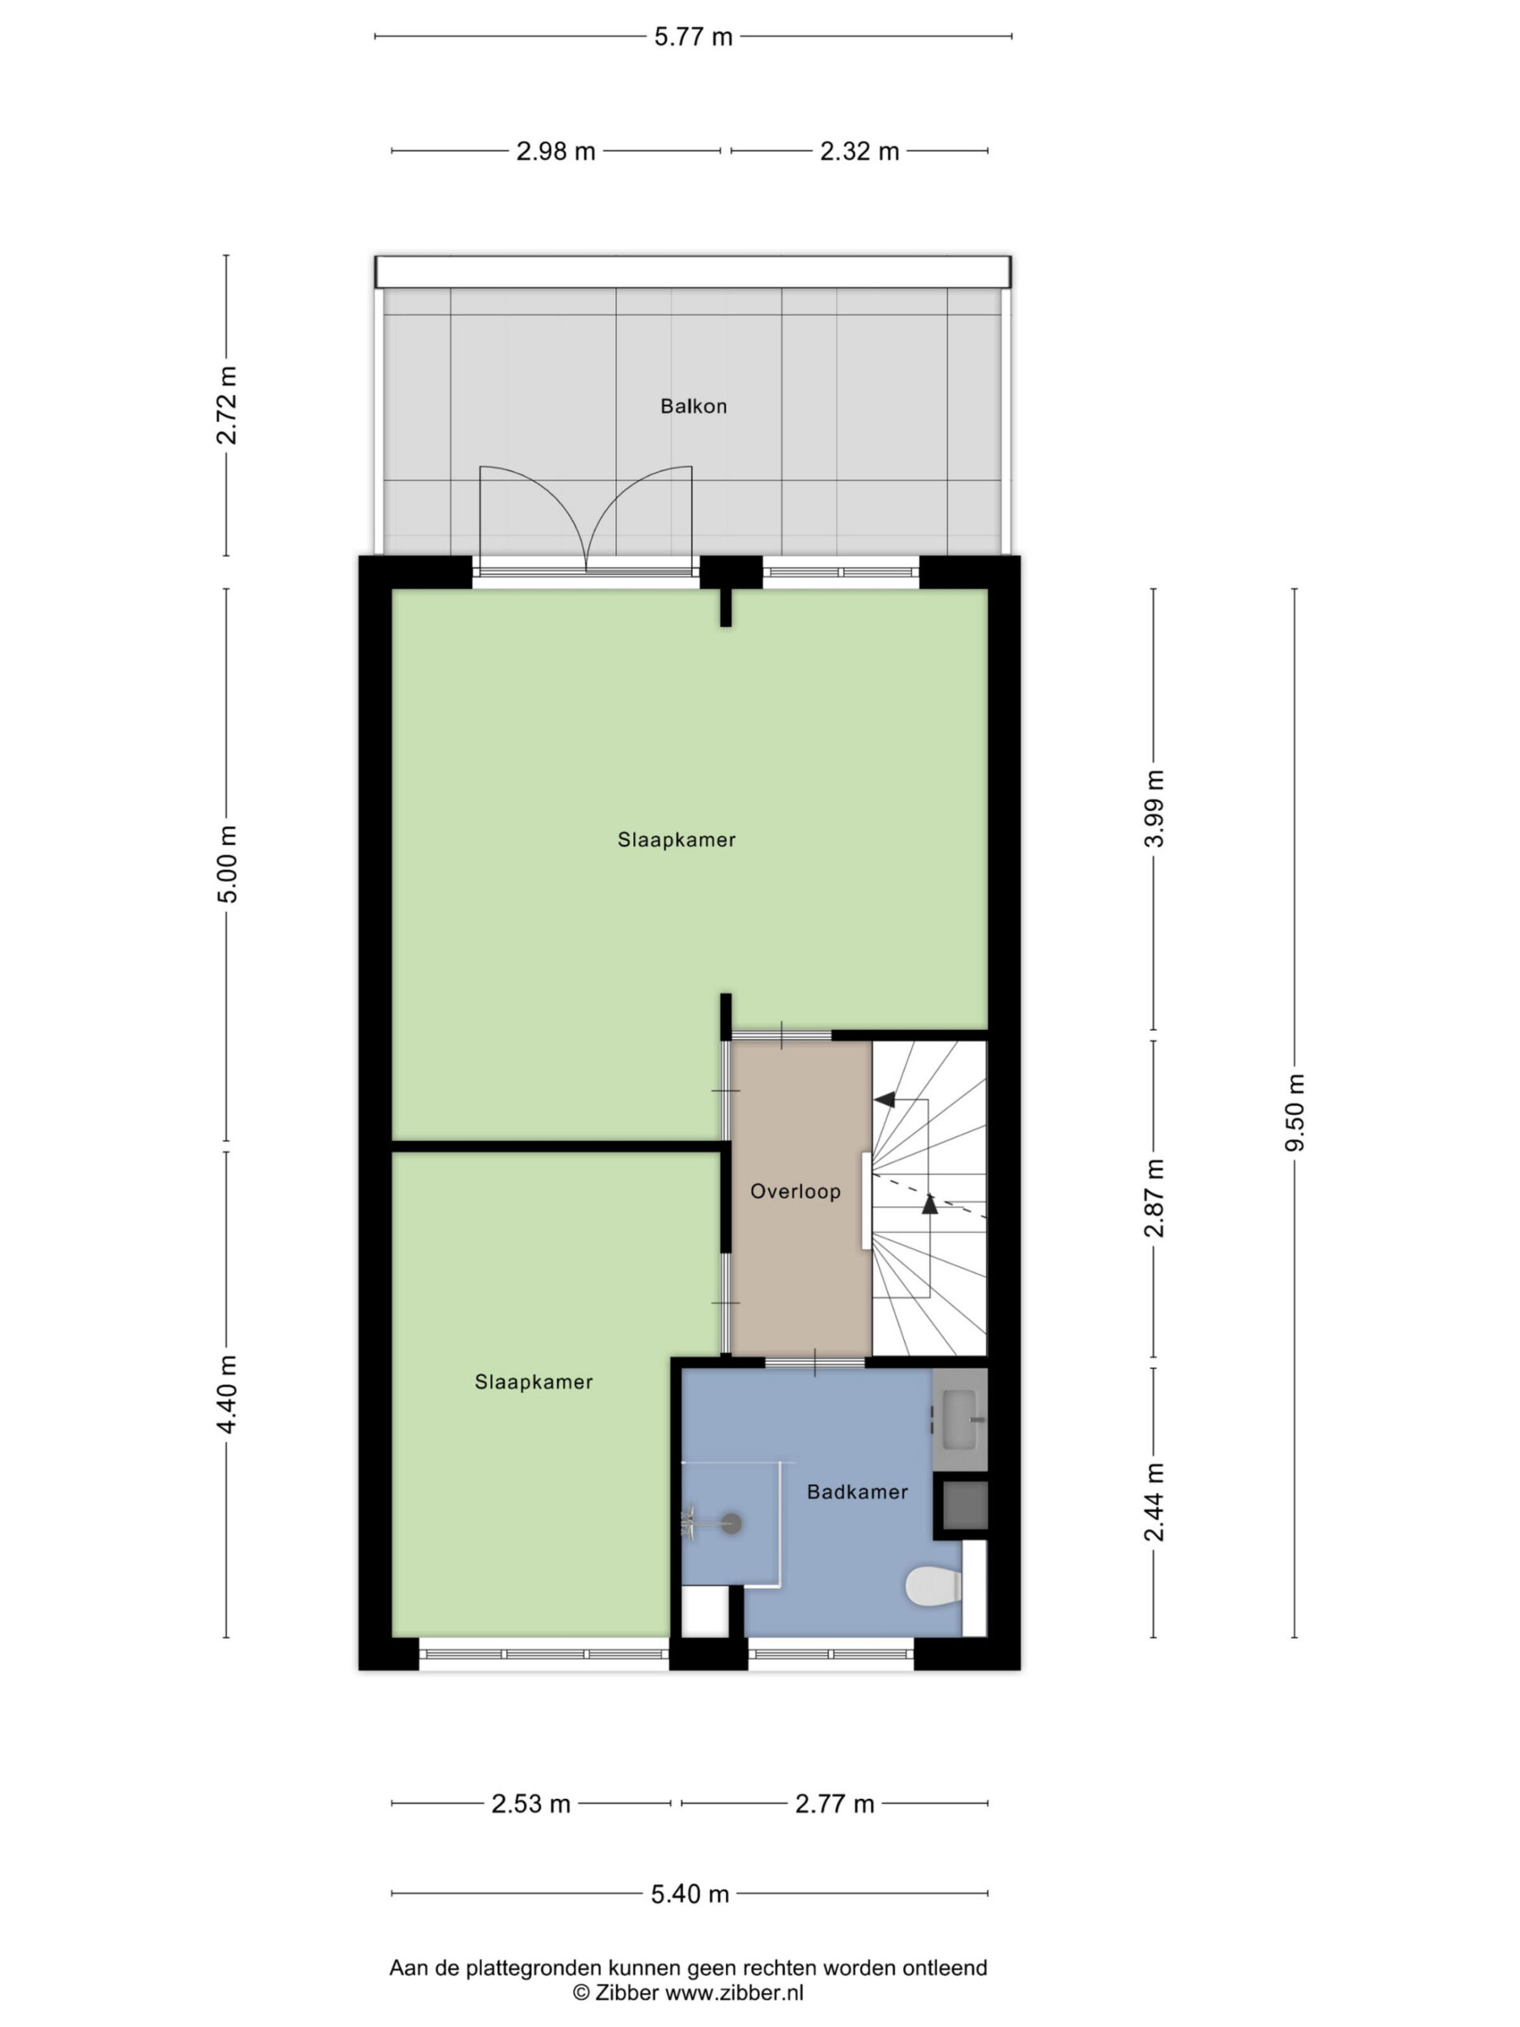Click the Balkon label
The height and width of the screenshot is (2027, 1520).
coord(693,406)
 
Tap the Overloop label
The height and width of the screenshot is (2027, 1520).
coord(796,1192)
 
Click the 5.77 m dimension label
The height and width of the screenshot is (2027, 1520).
coord(693,36)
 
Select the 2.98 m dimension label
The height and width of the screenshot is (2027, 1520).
coord(555,151)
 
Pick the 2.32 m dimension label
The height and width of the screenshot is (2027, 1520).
coord(860,151)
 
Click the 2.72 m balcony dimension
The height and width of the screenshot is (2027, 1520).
coord(226,405)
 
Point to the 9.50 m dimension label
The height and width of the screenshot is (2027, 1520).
coord(1294,1112)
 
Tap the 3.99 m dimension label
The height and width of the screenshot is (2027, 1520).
coord(1154,808)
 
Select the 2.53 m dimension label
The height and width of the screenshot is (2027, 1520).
coord(530,1805)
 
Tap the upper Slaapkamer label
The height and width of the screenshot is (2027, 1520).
coord(676,839)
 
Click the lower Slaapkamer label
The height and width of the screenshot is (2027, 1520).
coord(534,1382)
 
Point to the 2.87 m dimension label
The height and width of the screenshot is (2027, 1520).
coord(1154,1198)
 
